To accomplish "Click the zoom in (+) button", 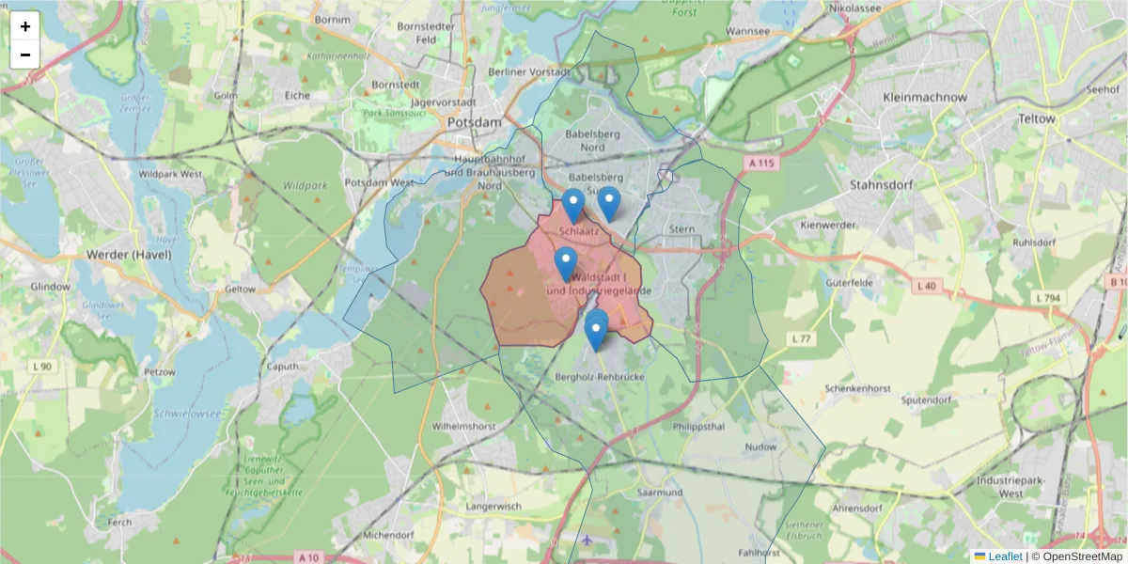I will (x=25, y=25).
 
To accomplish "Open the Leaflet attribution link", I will (x=1004, y=556).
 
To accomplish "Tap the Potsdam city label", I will (x=475, y=122).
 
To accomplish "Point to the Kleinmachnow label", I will (x=925, y=97).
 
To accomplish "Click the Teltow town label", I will (x=1037, y=119).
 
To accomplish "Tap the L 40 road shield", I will (x=926, y=285).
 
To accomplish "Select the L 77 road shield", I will (x=801, y=338).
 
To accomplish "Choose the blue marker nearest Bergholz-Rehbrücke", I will (x=596, y=331).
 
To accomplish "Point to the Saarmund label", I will (x=658, y=493).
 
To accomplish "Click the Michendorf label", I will (x=387, y=534).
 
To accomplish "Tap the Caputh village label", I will (x=284, y=367).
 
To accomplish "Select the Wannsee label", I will (x=748, y=31).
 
